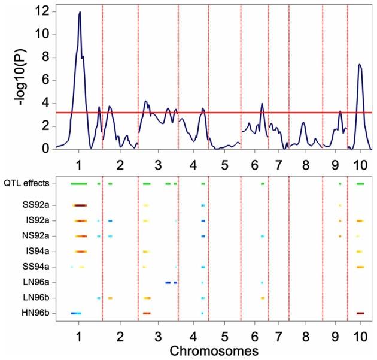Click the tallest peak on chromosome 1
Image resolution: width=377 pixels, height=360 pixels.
80,12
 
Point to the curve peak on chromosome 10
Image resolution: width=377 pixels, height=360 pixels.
359,65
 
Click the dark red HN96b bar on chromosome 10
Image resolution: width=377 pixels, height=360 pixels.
360,313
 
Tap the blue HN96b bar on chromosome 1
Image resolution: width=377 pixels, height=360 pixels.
76,313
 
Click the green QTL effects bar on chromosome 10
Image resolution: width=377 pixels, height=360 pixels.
360,183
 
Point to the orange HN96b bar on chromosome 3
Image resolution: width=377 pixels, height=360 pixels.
147,313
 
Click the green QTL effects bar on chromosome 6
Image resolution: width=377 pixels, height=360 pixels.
263,183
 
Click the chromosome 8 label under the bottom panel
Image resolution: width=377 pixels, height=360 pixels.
305,333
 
